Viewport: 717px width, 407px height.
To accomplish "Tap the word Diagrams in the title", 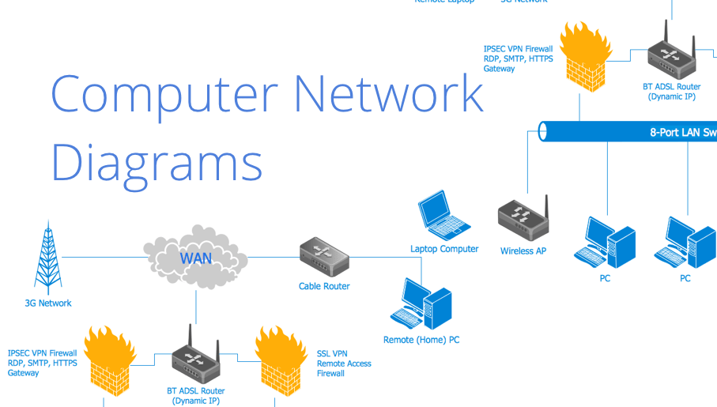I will pos(157,164).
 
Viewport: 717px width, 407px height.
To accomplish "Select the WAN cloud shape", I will pos(196,258).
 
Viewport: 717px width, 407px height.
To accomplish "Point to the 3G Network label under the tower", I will pos(47,303).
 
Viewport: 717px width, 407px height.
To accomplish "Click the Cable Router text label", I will pos(324,286).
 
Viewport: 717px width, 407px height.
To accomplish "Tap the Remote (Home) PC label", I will pos(421,340).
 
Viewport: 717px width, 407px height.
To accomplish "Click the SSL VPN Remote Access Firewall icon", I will pos(281,360).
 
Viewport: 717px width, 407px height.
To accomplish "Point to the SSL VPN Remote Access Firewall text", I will pos(344,364).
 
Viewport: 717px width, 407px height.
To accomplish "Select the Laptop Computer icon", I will pos(443,214).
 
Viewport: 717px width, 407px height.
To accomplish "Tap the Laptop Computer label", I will pos(444,249).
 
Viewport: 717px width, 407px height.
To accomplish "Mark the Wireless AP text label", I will pos(523,251).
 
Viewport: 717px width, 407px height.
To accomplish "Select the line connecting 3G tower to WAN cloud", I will pos(103,257).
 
